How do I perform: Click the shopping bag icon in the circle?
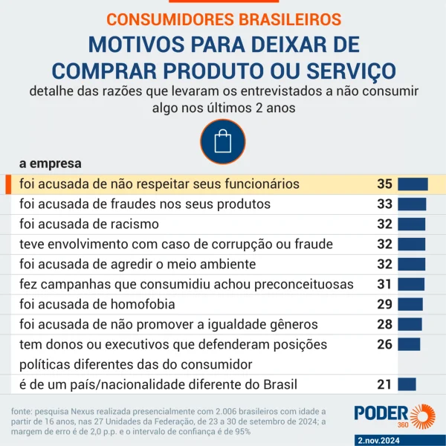click(x=223, y=141)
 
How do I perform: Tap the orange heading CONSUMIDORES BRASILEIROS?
click(x=224, y=19)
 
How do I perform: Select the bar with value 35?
click(x=413, y=184)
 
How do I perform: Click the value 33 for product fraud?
click(x=384, y=204)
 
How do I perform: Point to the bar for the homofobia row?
click(x=410, y=304)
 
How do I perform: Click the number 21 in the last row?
click(x=384, y=384)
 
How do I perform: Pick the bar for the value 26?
click(x=409, y=344)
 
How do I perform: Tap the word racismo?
click(x=134, y=224)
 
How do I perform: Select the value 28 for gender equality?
click(x=384, y=324)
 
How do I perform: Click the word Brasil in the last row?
click(x=277, y=384)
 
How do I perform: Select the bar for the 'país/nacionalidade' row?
click(x=407, y=384)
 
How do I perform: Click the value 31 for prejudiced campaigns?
click(x=384, y=284)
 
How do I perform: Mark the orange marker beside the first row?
click(x=7, y=184)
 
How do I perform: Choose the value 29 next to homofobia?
click(x=384, y=304)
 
